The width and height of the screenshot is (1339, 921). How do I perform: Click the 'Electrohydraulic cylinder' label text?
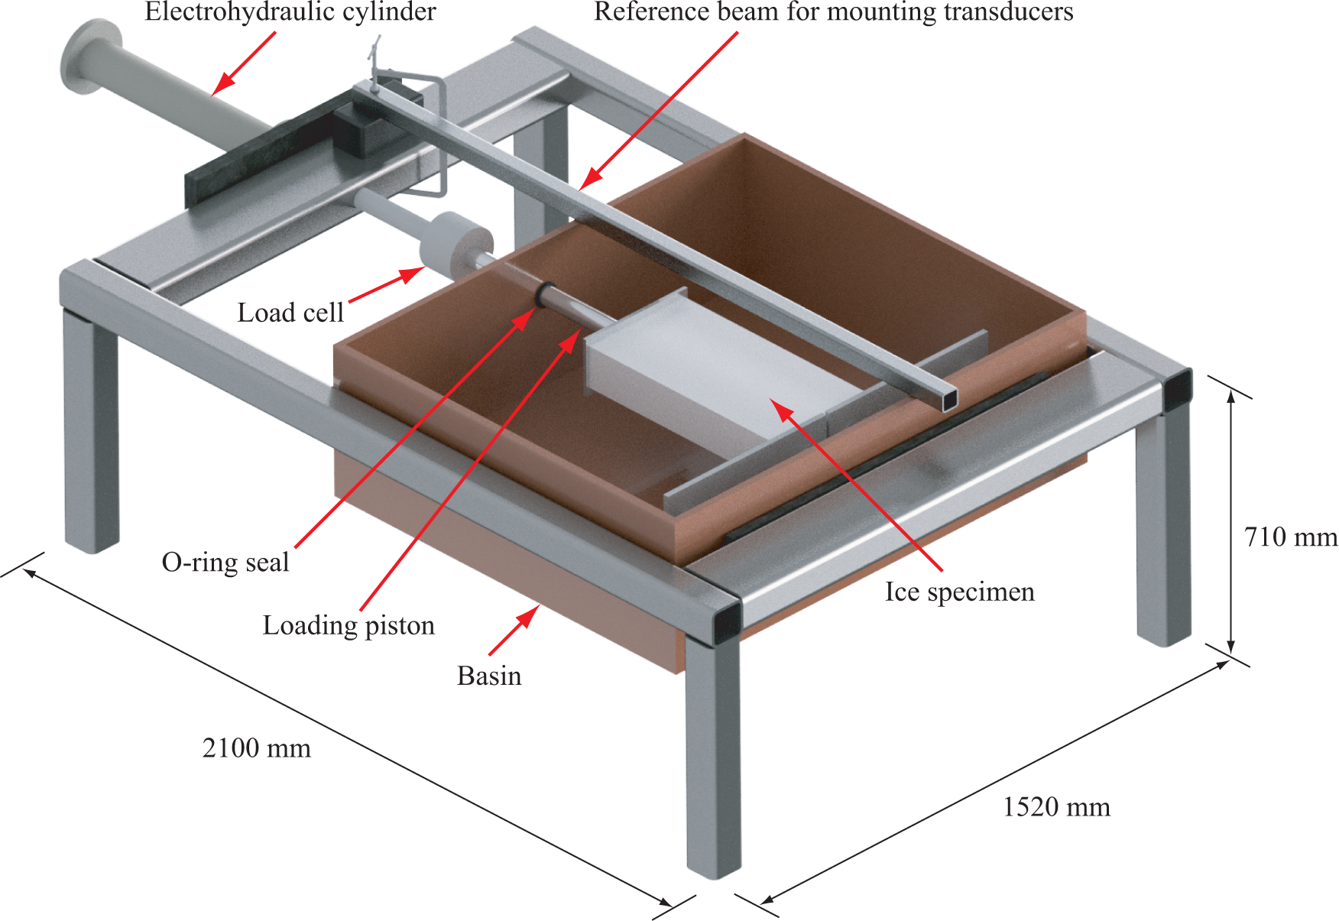290,12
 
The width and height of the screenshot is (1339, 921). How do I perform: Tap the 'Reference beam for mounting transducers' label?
833,12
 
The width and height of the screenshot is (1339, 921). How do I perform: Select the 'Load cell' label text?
290,313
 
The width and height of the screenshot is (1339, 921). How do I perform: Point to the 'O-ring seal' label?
225,563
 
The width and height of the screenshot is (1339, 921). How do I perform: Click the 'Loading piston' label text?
349,625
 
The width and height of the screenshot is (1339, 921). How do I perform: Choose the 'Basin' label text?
489,676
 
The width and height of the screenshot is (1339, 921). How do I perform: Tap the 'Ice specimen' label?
960,592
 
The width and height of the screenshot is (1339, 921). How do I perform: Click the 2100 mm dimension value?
257,748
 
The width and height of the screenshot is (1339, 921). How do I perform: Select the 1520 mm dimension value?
1056,807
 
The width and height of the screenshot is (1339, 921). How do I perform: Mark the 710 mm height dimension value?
1291,537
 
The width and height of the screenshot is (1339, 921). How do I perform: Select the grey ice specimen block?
711,375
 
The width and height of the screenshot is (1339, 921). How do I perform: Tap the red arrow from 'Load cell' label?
387,284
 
